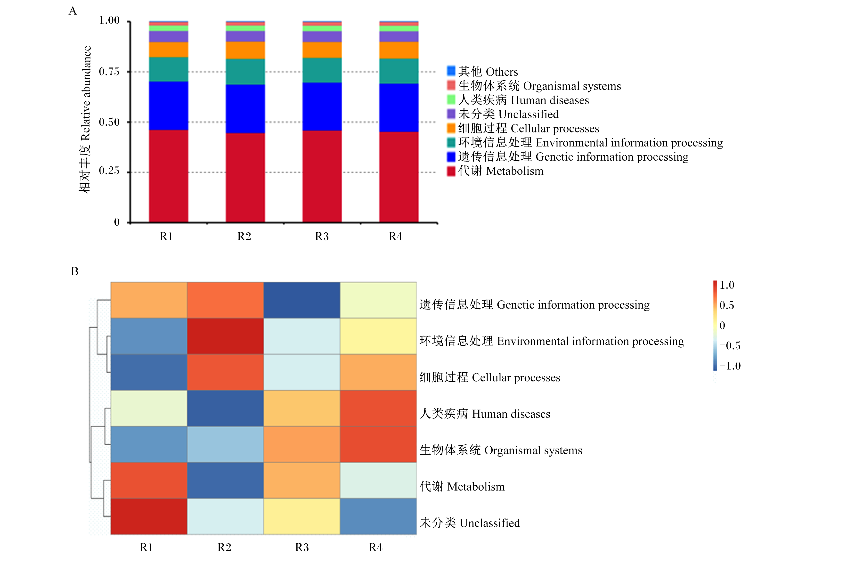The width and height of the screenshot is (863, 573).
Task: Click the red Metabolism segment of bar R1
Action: (x=168, y=176)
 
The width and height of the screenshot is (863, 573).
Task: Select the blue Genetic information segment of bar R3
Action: (x=322, y=107)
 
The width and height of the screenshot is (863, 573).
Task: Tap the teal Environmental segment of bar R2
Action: (x=245, y=72)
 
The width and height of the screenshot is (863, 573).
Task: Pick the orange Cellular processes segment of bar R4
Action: (x=399, y=50)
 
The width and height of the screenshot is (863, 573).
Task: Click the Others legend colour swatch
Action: (x=451, y=71)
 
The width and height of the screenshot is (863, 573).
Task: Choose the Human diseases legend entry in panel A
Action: (x=518, y=100)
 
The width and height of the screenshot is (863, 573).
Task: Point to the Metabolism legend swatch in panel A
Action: (x=451, y=171)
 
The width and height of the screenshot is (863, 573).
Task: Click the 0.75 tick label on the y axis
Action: (x=109, y=72)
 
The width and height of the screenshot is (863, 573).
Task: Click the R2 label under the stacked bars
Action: (x=244, y=237)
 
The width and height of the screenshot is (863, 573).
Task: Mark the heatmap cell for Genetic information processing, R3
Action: (x=302, y=300)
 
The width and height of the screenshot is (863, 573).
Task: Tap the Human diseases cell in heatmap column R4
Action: (x=378, y=408)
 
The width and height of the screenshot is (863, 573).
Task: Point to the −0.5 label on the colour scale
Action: (x=730, y=346)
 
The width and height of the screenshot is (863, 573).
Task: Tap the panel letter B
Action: (x=74, y=271)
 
